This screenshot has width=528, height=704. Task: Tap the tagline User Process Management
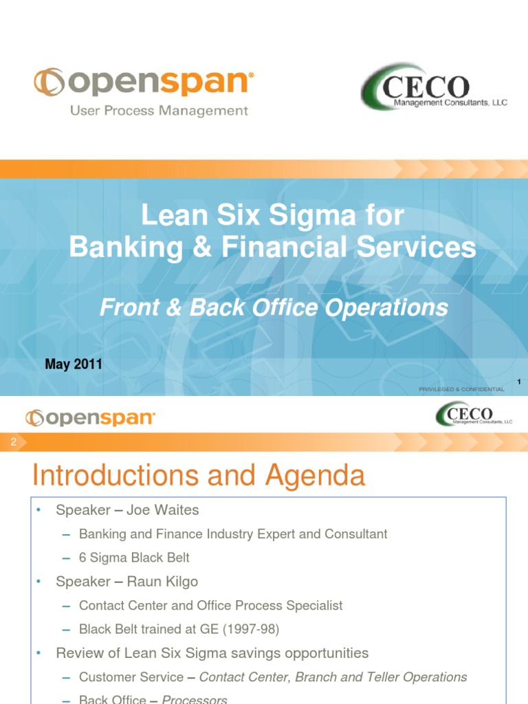(x=159, y=111)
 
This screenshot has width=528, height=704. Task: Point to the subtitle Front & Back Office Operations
(x=273, y=308)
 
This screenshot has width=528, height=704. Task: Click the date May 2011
(x=74, y=364)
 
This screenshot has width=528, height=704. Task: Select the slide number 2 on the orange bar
(x=12, y=443)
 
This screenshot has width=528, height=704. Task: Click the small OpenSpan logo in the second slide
(x=90, y=417)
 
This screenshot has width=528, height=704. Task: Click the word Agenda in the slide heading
(x=311, y=476)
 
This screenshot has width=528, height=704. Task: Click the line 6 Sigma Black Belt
(x=134, y=558)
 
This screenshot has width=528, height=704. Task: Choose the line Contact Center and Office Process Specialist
(x=210, y=606)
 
